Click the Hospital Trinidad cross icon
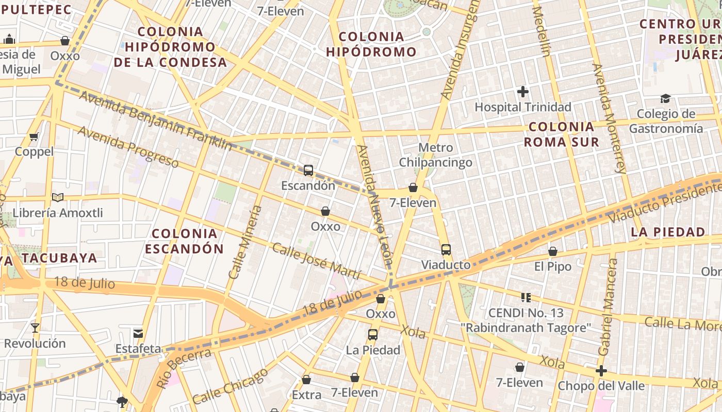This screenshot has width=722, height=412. coord(523,92)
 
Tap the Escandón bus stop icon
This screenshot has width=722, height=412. coord(308,170)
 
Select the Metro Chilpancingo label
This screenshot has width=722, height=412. coord(435,155)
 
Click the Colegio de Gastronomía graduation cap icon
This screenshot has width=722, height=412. coord(665,98)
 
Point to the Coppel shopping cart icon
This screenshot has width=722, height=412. coord(34,136)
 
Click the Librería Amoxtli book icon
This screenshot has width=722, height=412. coord(58,198)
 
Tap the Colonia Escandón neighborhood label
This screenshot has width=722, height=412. coord(184,242)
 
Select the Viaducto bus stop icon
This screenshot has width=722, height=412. coord(446,250)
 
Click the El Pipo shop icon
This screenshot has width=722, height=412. coord(553,251)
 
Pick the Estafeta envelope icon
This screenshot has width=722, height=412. coord(138,333)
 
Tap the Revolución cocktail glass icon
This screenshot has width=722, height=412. coord(35,328)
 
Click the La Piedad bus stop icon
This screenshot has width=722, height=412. coord(373,335)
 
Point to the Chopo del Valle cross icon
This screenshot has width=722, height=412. coord(601,371)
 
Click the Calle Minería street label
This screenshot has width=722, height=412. coord(245,242)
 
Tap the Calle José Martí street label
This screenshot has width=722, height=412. coord(316,261)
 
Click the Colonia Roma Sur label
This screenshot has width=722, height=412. coord(562,134)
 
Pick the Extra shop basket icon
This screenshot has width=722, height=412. coord(306,380)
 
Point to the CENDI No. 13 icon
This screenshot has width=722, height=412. coord(526,297)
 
